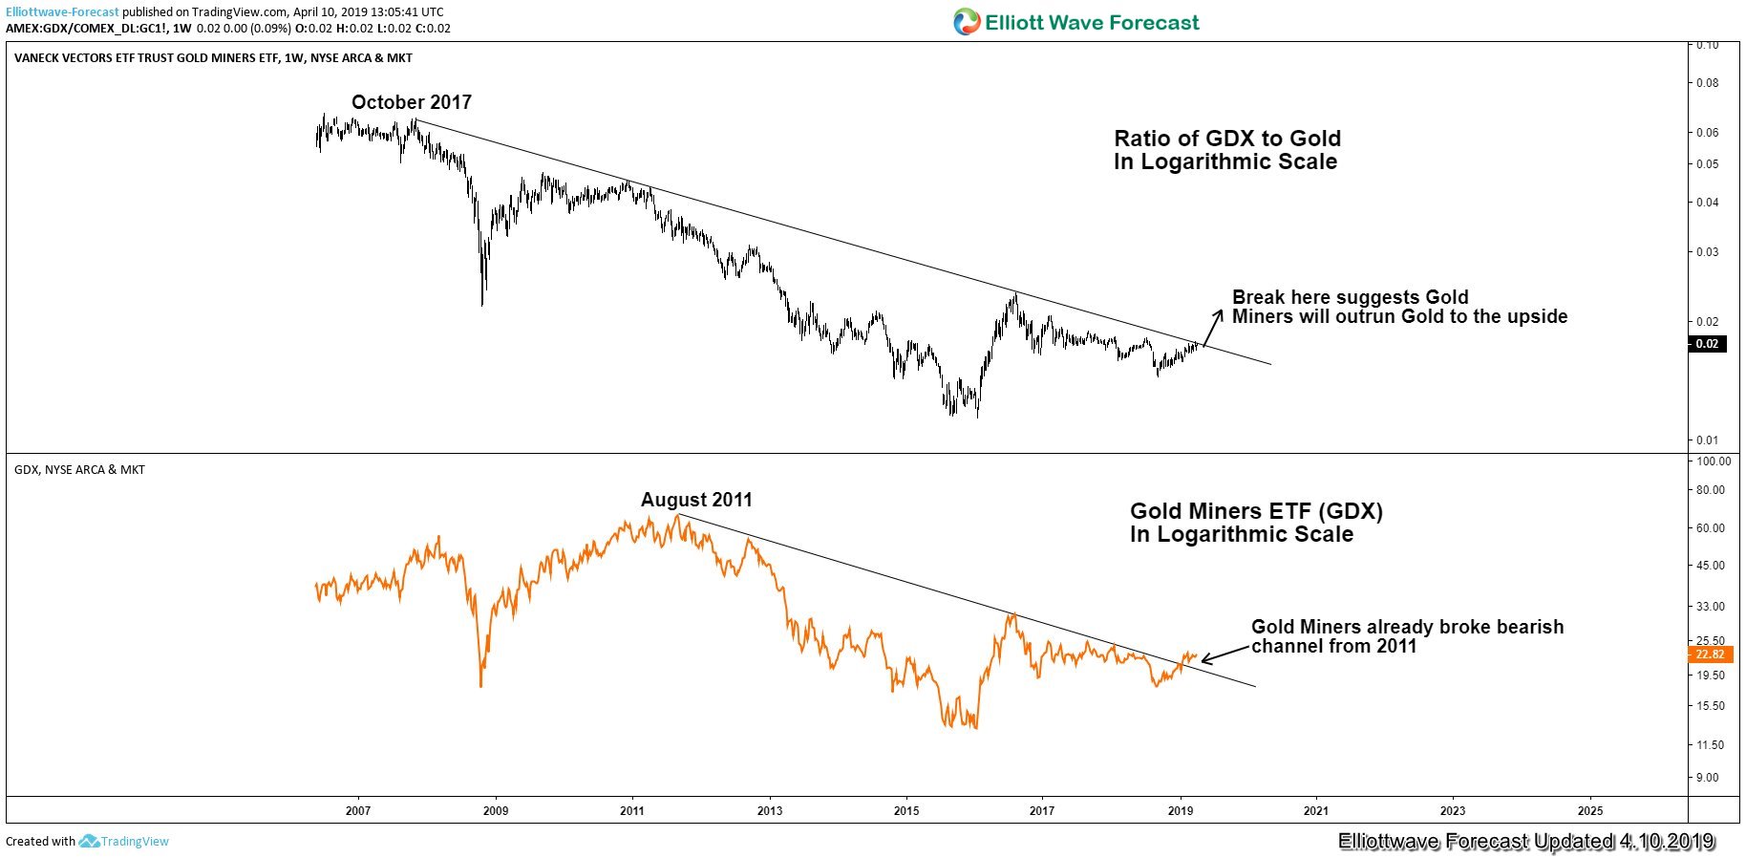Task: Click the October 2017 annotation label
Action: coord(411,102)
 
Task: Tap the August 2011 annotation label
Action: coord(696,500)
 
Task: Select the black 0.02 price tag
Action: coord(1707,344)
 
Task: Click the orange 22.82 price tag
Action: coord(1709,654)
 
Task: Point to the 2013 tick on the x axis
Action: coord(769,811)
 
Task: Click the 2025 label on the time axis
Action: coord(1590,811)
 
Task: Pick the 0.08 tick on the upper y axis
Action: coord(1707,83)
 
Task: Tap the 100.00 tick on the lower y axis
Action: coord(1712,461)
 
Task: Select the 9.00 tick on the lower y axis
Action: coord(1707,778)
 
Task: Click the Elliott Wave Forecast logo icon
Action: coord(967,22)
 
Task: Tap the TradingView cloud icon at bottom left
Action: coord(89,842)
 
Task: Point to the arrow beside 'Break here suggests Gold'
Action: coord(1211,328)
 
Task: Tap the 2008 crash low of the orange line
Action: coord(480,684)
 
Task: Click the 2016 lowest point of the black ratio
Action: coord(977,416)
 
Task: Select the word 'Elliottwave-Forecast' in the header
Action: coord(62,12)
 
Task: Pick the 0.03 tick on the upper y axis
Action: coord(1707,252)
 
